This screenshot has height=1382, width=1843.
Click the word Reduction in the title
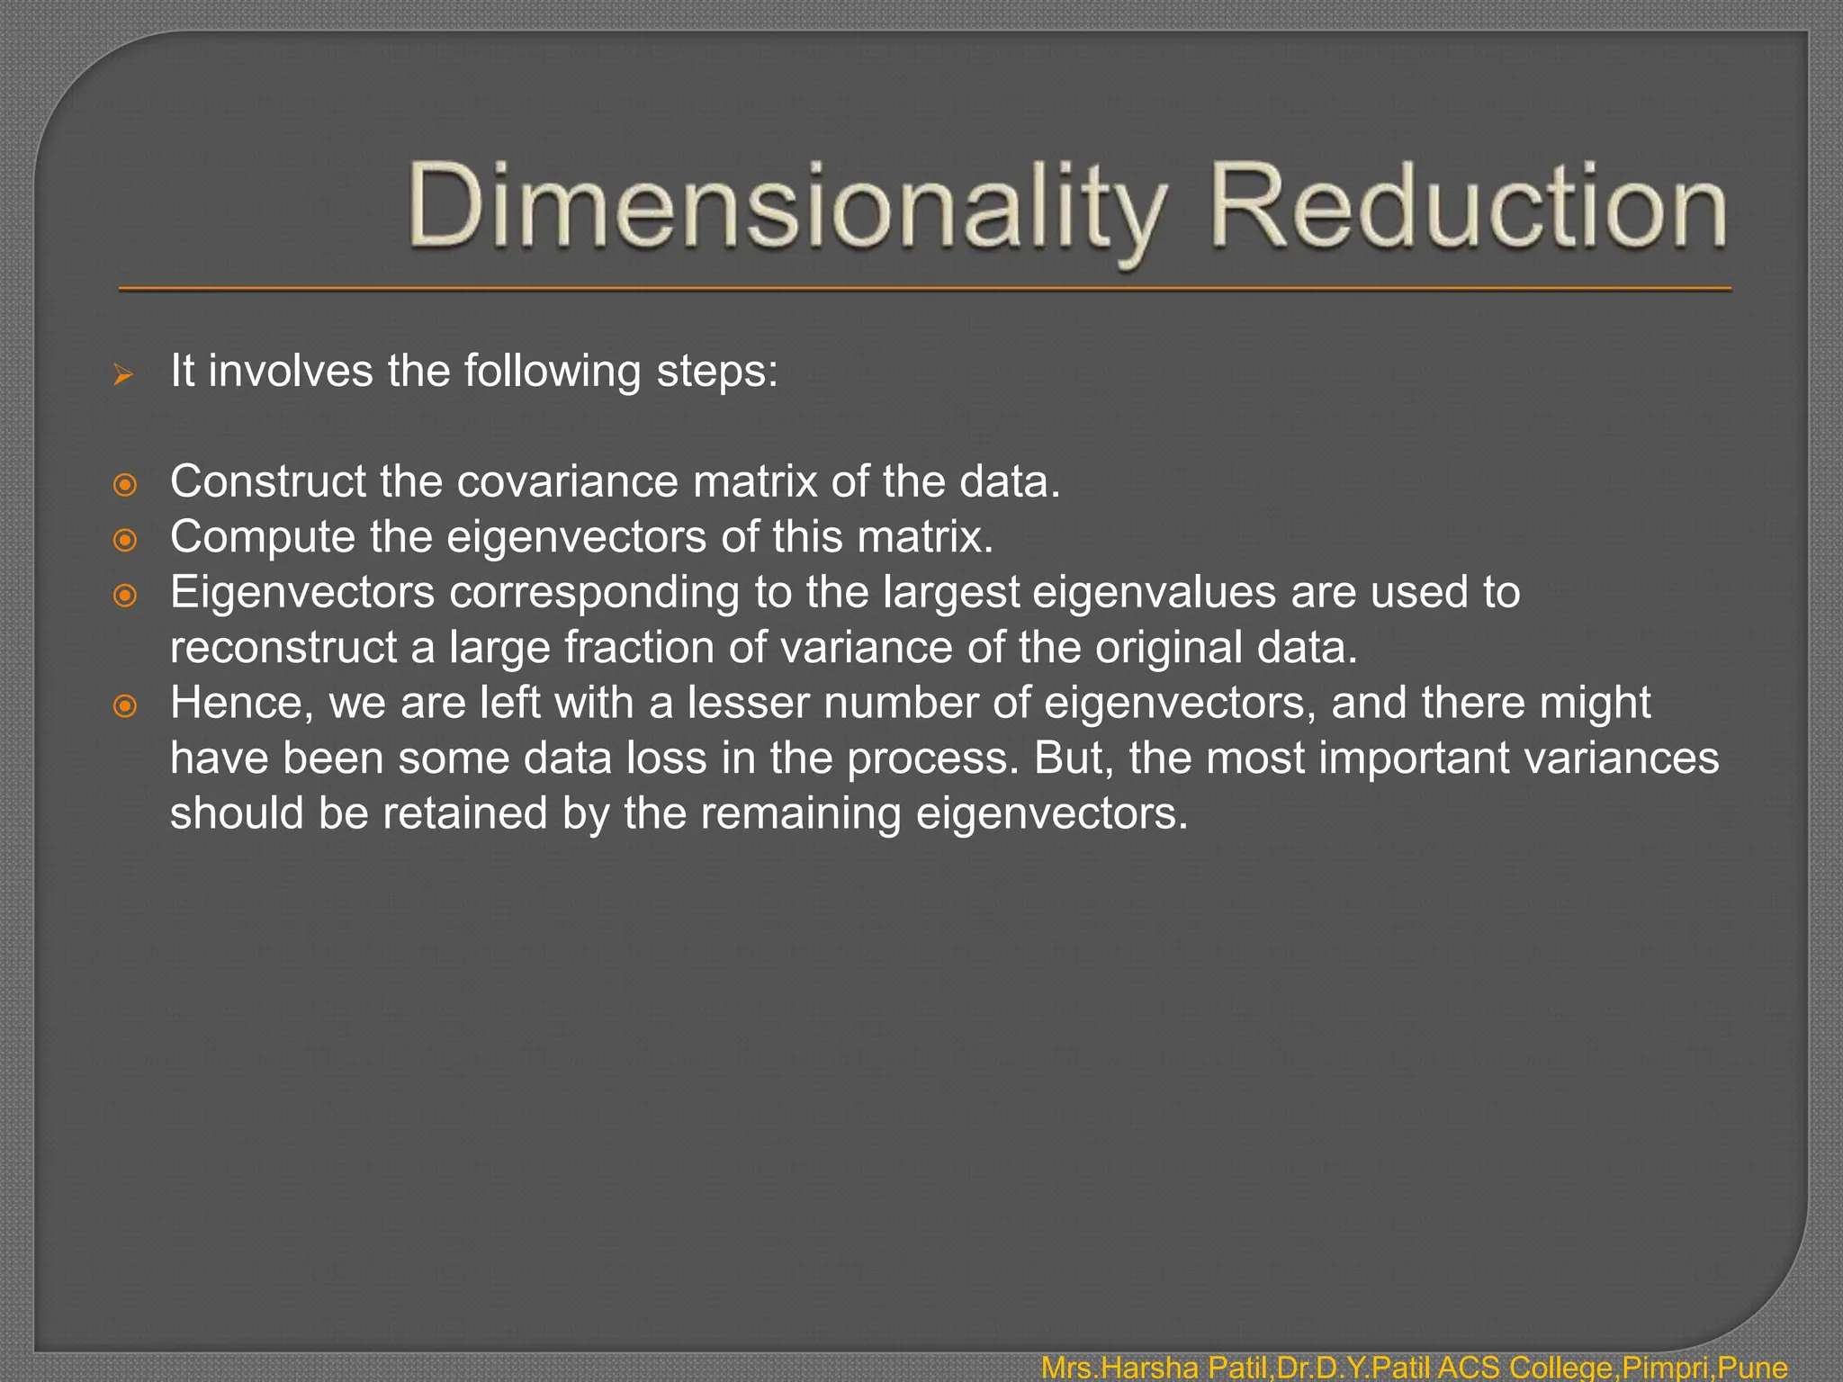point(1468,207)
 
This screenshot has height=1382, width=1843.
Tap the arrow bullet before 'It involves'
point(123,374)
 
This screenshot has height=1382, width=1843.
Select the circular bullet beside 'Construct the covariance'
point(125,485)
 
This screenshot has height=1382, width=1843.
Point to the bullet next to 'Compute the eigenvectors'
point(125,540)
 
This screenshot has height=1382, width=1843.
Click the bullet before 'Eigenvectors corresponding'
point(125,596)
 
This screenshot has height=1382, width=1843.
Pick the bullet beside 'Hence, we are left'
point(125,706)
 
